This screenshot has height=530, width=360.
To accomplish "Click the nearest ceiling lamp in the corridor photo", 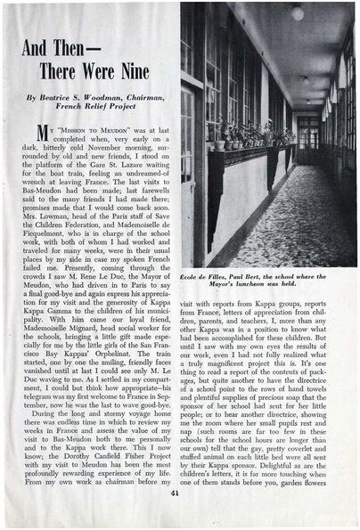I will (297, 12).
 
